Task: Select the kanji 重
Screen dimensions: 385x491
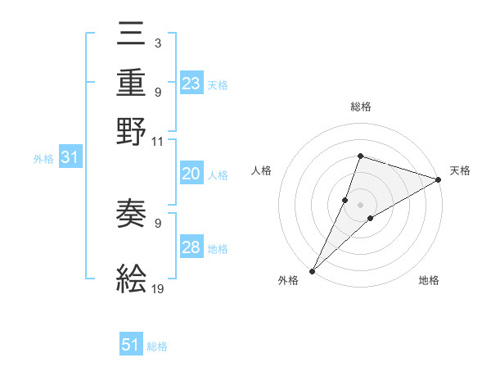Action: point(132,84)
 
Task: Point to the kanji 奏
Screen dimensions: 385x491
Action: point(132,215)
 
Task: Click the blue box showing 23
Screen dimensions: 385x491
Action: point(191,84)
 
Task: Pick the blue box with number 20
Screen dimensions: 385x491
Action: point(191,174)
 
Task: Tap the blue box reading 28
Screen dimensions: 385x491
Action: point(191,247)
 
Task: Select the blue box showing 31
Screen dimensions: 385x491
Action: point(70,158)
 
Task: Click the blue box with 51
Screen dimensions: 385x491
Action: point(131,345)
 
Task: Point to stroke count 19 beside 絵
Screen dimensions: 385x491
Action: point(158,289)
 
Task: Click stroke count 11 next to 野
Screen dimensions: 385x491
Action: point(158,141)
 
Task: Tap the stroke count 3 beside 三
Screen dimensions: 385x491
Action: point(158,41)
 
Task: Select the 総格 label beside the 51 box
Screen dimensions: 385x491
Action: point(157,346)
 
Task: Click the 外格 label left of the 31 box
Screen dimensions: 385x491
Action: point(43,160)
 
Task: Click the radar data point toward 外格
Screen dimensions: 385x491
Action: point(313,269)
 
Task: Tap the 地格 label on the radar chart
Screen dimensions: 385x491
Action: point(429,281)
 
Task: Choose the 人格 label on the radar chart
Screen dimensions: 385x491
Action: point(262,170)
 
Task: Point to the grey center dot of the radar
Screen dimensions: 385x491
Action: point(361,204)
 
